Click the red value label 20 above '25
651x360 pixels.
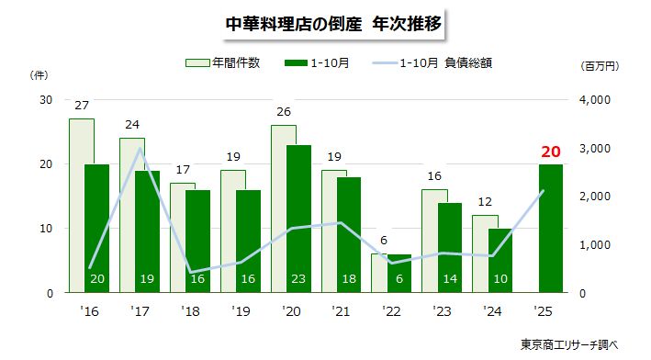551,152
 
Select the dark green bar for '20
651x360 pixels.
298,220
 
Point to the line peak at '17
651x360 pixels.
139,149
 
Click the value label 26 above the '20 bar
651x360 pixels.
284,112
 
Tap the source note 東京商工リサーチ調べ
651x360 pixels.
569,344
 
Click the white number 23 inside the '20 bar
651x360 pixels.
297,278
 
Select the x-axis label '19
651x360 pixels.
241,310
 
